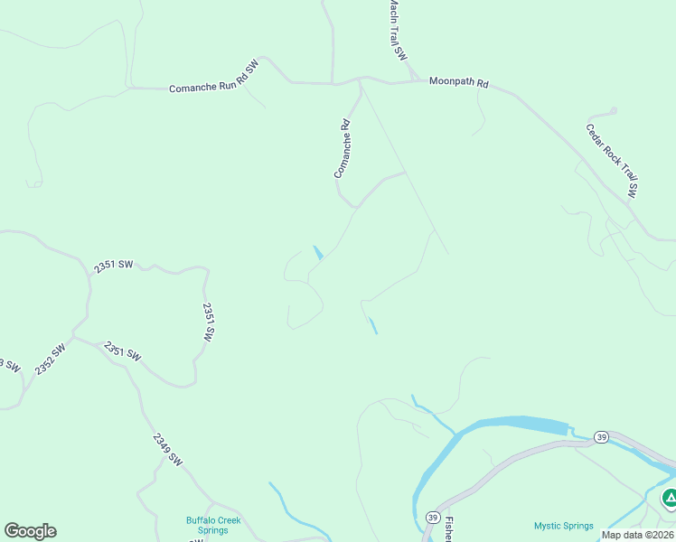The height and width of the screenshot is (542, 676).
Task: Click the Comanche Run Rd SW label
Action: coord(214,78)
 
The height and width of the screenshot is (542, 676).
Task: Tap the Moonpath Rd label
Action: coord(458,82)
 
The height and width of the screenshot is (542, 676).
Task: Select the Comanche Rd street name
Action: coord(343,149)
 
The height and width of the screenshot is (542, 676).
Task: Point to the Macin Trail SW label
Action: coord(397,30)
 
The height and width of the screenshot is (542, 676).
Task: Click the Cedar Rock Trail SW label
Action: coord(612,161)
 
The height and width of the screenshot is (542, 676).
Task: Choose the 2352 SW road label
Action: coord(51,360)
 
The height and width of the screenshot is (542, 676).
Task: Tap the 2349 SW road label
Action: coord(168,450)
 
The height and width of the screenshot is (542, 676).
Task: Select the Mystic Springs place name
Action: coord(563,526)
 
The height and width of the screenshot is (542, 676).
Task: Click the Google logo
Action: coord(30,531)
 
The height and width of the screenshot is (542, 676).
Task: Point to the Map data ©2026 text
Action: coord(638,535)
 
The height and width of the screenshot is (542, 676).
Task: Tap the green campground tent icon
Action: coord(670,498)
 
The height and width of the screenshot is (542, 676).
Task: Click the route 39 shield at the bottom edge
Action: coord(433,517)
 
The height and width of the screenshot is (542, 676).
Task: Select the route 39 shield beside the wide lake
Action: coord(603,437)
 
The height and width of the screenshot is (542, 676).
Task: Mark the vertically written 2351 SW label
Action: coord(209,321)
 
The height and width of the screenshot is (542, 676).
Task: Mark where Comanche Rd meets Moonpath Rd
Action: coord(361,80)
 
